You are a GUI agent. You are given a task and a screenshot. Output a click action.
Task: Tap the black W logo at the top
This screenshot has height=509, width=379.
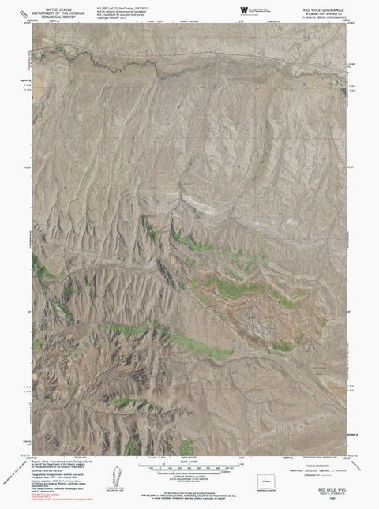tap(242, 8)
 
